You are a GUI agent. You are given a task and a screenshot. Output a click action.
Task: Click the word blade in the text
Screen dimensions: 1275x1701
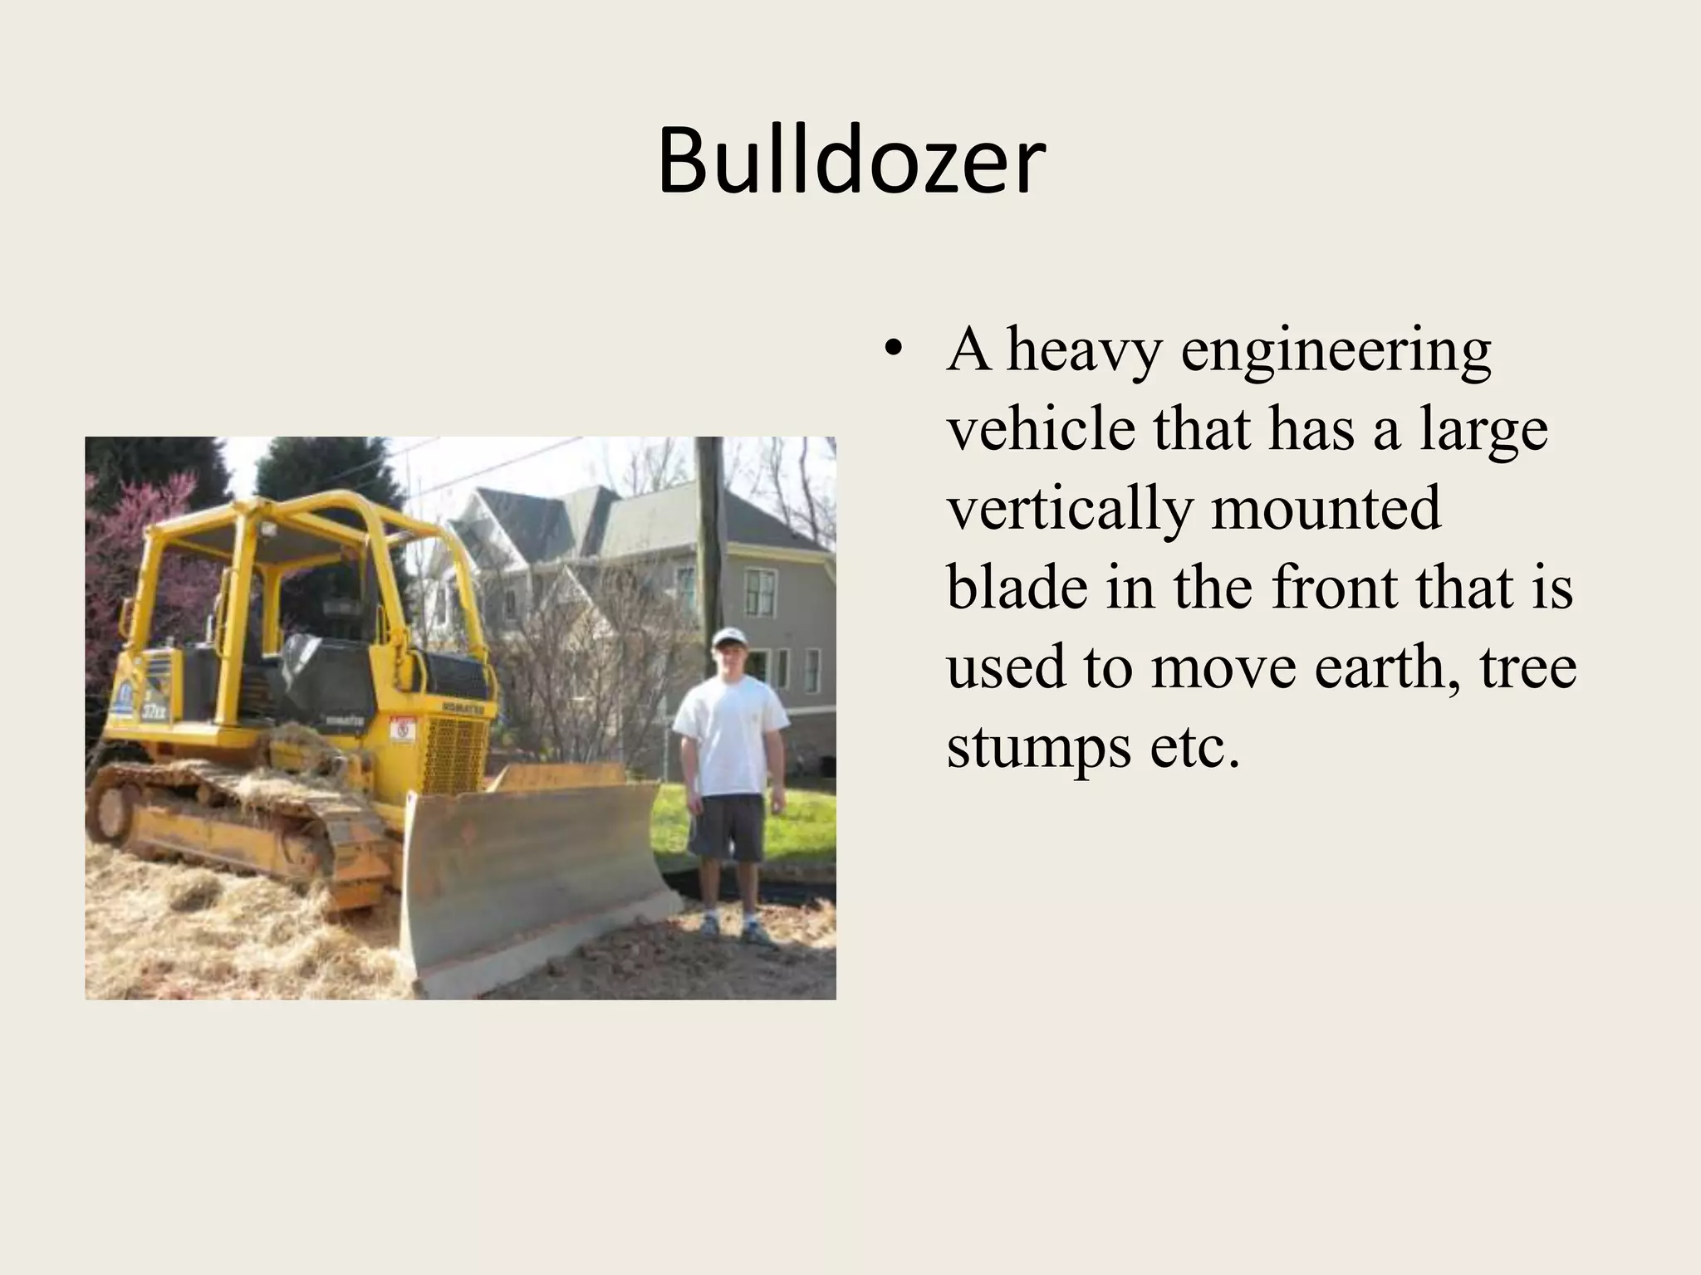click(x=1018, y=587)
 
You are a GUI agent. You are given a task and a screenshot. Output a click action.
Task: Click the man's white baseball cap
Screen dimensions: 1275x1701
click(x=730, y=637)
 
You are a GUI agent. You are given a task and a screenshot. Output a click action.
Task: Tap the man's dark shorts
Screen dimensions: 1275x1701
click(x=726, y=827)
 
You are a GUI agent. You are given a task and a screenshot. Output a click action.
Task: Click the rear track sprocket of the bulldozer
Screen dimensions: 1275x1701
click(x=111, y=809)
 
